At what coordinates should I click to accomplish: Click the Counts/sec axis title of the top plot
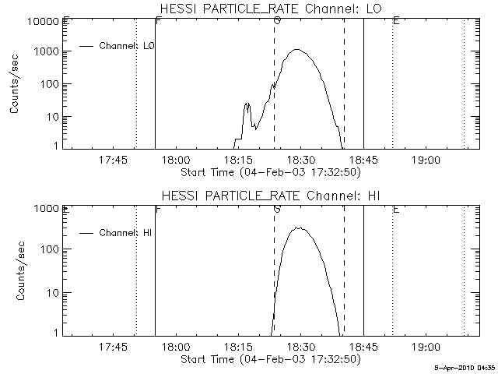tap(16, 84)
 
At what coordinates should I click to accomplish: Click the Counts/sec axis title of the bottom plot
tap(16, 271)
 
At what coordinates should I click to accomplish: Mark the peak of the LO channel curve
tap(296, 50)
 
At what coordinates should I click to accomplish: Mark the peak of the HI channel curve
tap(296, 228)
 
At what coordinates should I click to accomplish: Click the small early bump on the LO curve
tap(247, 104)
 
